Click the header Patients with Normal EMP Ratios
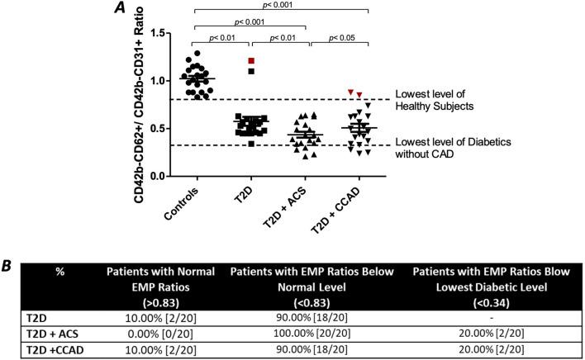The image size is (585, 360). (165, 278)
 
